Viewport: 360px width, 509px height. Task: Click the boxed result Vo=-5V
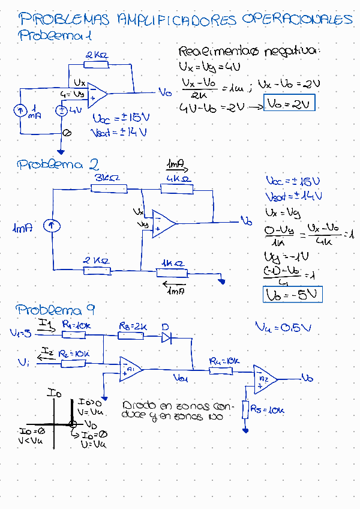pyautogui.click(x=293, y=294)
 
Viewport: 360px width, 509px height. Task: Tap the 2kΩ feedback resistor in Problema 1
pyautogui.click(x=98, y=65)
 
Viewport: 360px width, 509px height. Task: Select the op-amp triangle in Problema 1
pyautogui.click(x=98, y=94)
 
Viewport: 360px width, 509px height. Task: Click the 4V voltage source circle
pyautogui.click(x=61, y=110)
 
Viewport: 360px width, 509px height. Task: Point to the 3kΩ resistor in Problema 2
pyautogui.click(x=109, y=188)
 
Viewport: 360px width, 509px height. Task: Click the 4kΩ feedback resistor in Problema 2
pyautogui.click(x=177, y=189)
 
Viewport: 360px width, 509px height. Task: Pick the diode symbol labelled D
pyautogui.click(x=167, y=338)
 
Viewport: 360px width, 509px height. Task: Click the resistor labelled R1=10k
pyautogui.click(x=74, y=335)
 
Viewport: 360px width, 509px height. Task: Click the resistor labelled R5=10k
pyautogui.click(x=245, y=410)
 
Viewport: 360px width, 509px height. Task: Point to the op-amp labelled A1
pyautogui.click(x=130, y=369)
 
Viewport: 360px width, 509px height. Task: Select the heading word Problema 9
pyautogui.click(x=56, y=310)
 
